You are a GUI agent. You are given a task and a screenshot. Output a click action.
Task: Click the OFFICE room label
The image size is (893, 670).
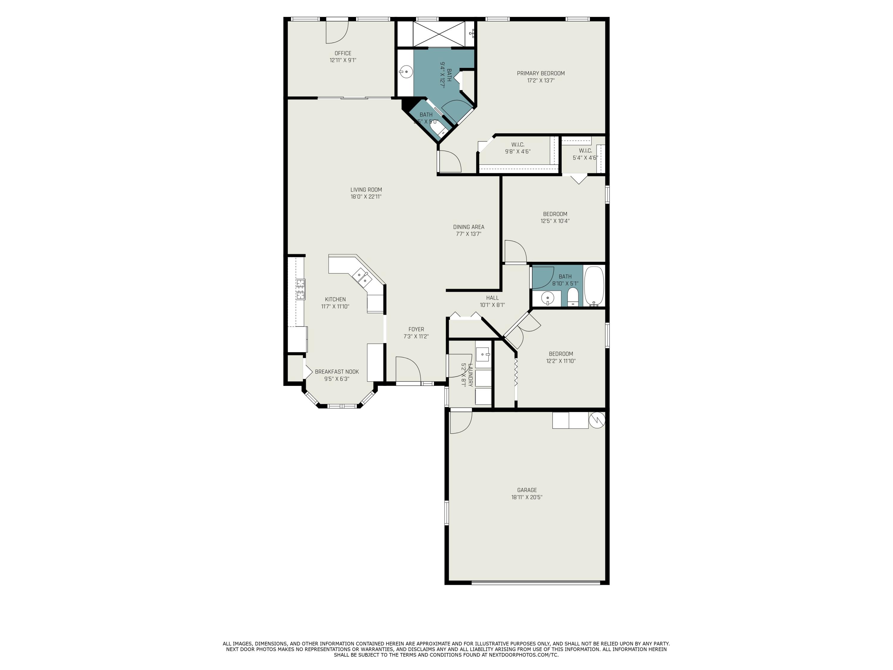(343, 53)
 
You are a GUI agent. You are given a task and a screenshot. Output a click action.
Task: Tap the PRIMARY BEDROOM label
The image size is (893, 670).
(541, 73)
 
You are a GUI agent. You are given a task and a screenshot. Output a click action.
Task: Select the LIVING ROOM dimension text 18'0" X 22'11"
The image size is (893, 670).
(366, 197)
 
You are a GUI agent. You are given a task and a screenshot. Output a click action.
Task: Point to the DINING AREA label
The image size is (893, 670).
(468, 227)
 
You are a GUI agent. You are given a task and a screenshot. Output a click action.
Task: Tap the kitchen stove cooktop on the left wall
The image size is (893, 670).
(300, 289)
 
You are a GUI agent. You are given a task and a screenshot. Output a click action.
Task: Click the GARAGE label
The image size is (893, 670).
(527, 490)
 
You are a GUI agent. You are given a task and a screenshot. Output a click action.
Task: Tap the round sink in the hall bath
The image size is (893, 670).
(547, 298)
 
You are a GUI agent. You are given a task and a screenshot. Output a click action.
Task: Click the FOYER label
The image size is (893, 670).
(416, 329)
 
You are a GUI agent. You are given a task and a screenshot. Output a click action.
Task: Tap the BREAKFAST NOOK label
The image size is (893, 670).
(337, 372)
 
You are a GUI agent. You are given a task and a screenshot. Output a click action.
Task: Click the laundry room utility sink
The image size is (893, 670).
(483, 355)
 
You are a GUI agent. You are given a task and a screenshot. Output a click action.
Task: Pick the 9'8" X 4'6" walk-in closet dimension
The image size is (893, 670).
(518, 152)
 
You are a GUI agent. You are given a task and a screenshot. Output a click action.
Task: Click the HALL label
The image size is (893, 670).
(492, 298)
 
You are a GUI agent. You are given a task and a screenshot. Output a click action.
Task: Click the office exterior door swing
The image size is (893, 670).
(337, 32)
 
